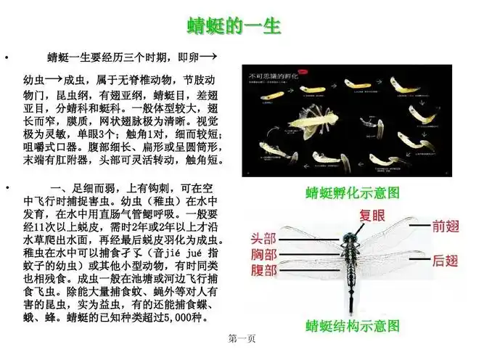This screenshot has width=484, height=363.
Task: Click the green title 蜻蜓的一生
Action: (x=234, y=26)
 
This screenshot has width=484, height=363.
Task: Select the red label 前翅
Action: (x=446, y=226)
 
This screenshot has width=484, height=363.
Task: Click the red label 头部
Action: (x=263, y=238)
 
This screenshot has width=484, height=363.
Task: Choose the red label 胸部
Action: (x=263, y=255)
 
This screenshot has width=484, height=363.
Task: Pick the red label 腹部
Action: (x=263, y=271)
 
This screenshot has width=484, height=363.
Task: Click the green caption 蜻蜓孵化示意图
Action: (x=353, y=193)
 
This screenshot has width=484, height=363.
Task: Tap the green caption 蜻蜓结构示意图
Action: (x=353, y=325)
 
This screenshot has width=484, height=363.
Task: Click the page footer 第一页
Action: (x=241, y=339)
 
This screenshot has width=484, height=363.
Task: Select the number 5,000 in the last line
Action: (x=178, y=317)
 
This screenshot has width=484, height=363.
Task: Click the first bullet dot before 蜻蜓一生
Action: (x=7, y=57)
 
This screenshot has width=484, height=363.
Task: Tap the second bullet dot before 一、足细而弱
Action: (x=7, y=188)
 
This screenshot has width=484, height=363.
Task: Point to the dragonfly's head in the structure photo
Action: (x=353, y=233)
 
